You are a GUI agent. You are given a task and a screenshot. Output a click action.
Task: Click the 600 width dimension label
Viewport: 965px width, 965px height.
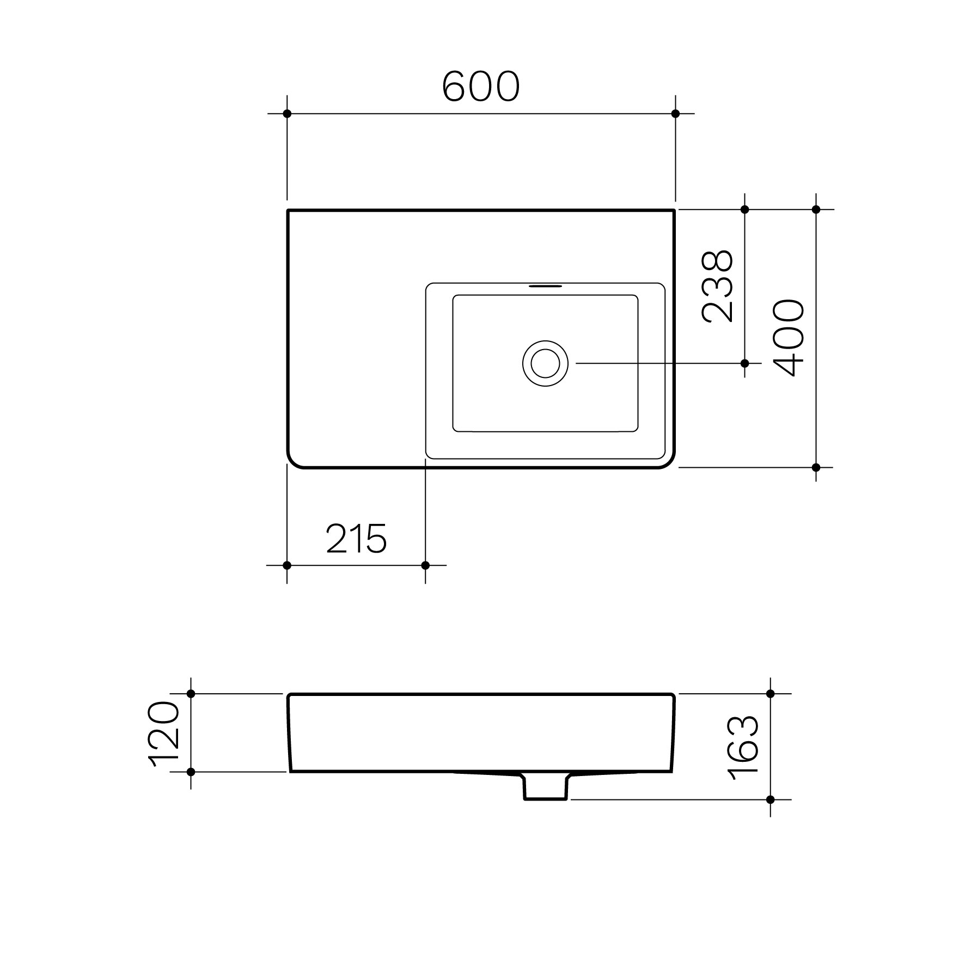click(x=481, y=87)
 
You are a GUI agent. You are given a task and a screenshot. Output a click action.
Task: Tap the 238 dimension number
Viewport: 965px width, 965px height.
click(x=718, y=286)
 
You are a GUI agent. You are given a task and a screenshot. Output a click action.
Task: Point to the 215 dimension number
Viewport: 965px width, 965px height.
click(x=356, y=538)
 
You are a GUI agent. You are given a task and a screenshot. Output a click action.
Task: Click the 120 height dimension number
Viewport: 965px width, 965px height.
click(x=165, y=735)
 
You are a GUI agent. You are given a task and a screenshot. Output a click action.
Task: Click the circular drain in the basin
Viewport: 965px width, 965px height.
click(x=545, y=363)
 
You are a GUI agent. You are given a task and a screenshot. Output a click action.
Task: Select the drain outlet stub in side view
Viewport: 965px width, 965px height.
click(x=546, y=786)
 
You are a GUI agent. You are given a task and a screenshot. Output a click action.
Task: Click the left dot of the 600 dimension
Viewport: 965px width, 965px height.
click(x=287, y=114)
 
